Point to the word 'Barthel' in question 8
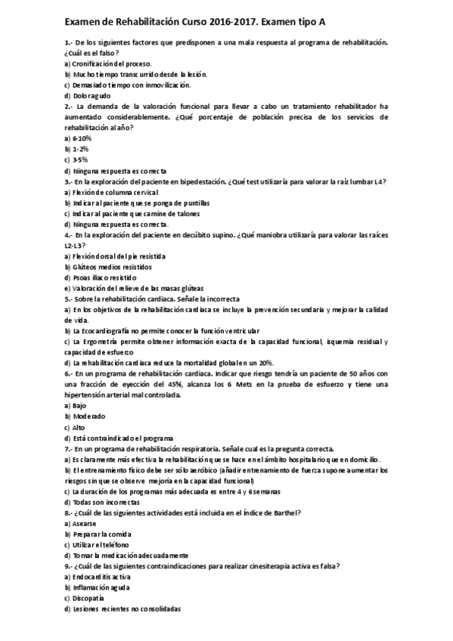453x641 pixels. (286, 512)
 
